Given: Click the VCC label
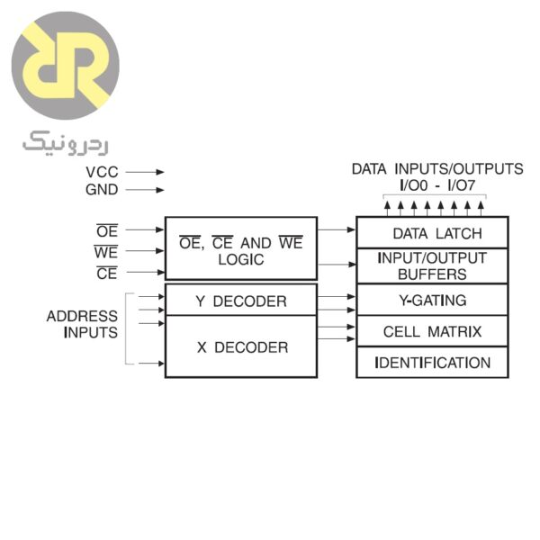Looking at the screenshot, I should (x=102, y=171).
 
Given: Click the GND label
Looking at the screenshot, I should (x=102, y=190).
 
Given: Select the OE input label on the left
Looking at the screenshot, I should (x=107, y=231).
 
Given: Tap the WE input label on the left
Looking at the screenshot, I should (x=106, y=253).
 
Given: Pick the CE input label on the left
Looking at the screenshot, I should (x=107, y=274).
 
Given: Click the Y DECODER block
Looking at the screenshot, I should (x=240, y=301).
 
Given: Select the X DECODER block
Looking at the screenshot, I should (x=240, y=346).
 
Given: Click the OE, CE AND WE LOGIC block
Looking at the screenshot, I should (x=240, y=249).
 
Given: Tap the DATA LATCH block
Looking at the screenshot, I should (x=432, y=233).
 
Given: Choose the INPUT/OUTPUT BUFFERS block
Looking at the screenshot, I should (x=432, y=265).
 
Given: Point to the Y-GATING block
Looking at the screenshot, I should (x=432, y=300).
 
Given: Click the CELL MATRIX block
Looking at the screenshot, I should (x=432, y=331).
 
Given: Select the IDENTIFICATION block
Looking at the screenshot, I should (x=432, y=363).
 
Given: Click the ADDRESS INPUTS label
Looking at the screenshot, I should (x=82, y=324).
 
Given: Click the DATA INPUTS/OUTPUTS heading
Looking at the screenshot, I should (x=436, y=168).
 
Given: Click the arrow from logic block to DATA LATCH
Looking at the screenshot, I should (x=337, y=230).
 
